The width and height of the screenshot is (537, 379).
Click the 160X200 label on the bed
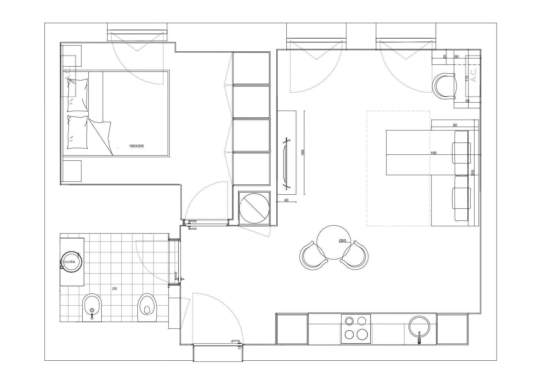(x=136, y=146)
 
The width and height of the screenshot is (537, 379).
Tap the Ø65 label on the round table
(x=342, y=241)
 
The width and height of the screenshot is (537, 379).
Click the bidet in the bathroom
(x=92, y=307)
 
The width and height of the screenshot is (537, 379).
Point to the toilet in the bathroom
(x=147, y=307)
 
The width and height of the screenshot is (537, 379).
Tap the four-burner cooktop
(x=356, y=329)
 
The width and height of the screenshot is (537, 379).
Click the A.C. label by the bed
(x=68, y=76)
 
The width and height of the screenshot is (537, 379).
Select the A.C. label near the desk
(x=473, y=75)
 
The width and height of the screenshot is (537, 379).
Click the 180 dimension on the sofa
(x=433, y=153)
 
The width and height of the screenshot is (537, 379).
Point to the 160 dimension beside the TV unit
(x=303, y=153)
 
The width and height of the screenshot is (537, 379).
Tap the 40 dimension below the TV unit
(x=286, y=200)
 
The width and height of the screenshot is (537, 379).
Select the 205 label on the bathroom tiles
(x=115, y=288)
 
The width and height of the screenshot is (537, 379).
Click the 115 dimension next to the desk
(x=467, y=79)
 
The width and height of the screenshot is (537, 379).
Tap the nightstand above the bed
(x=72, y=56)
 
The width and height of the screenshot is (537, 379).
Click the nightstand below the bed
(x=72, y=171)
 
